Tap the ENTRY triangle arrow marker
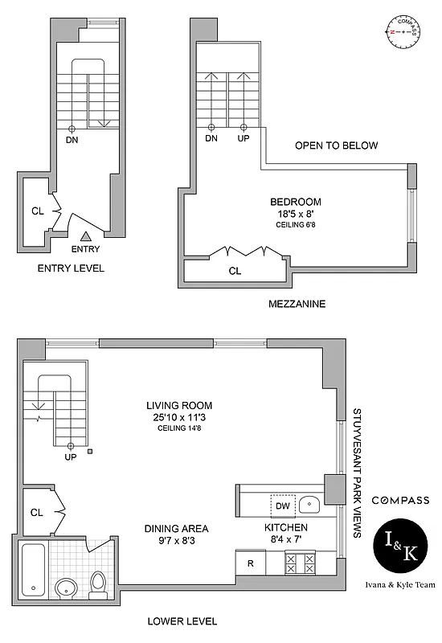point(86,236)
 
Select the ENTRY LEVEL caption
point(71,268)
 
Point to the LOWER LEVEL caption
point(182,621)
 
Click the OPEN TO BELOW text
point(336,145)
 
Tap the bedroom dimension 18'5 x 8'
point(296,214)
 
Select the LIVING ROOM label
point(179,405)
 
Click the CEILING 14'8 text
point(179,428)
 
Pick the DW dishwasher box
point(282,506)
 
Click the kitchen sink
point(309,505)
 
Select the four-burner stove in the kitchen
point(300,563)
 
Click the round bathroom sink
point(66,588)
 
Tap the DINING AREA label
point(177,528)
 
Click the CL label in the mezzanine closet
point(235,271)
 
